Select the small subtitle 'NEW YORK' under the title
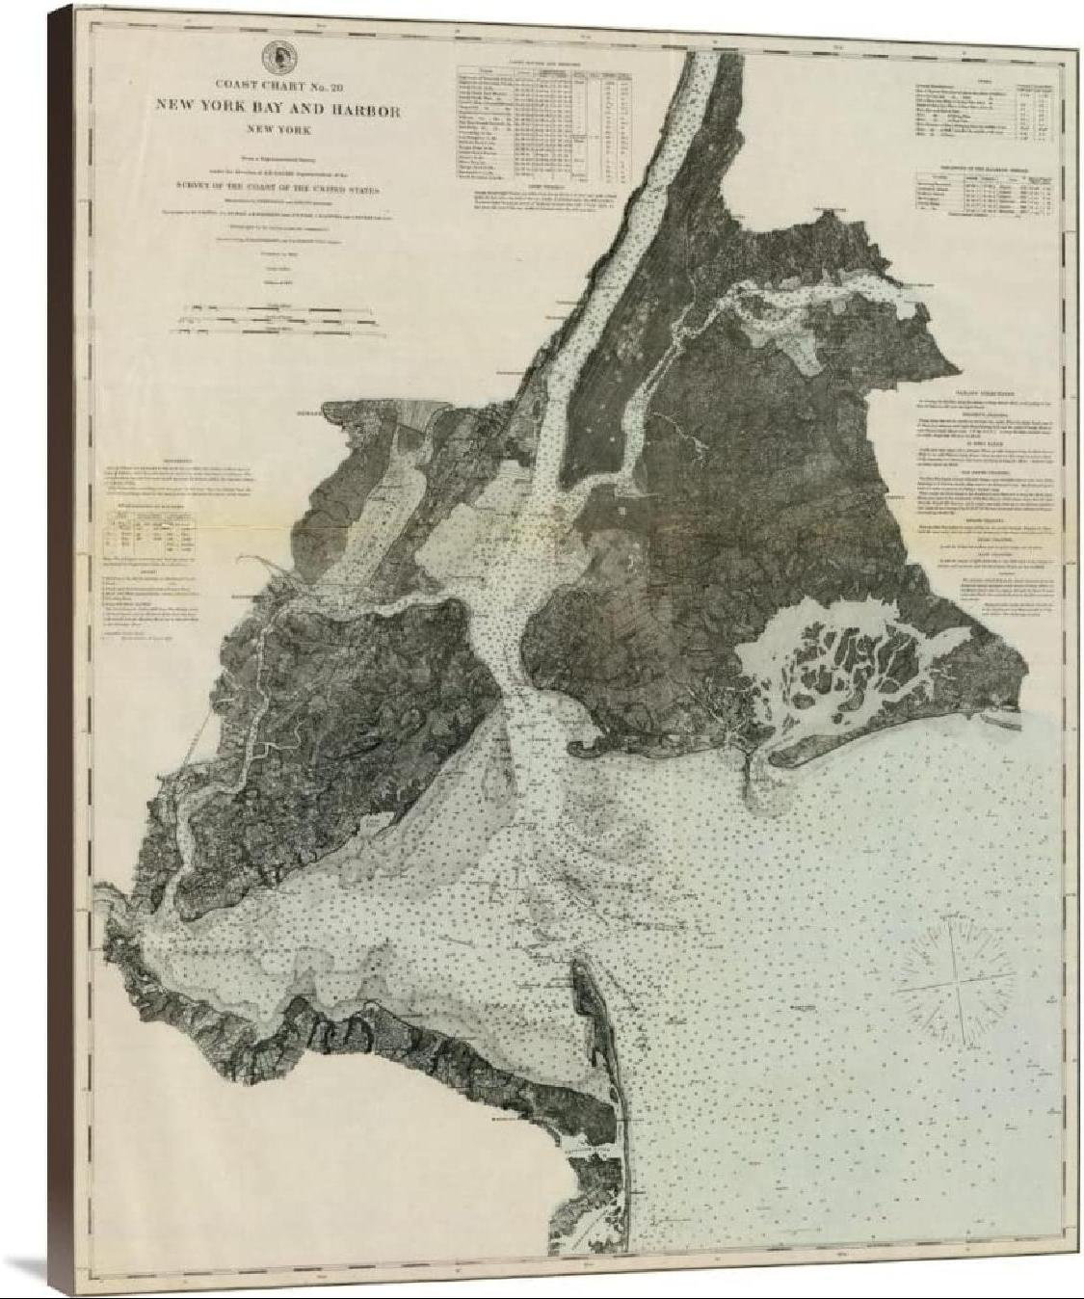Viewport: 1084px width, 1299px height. click(278, 130)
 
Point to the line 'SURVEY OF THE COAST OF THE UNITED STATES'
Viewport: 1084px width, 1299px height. click(278, 191)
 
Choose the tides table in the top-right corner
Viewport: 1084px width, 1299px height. click(976, 111)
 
